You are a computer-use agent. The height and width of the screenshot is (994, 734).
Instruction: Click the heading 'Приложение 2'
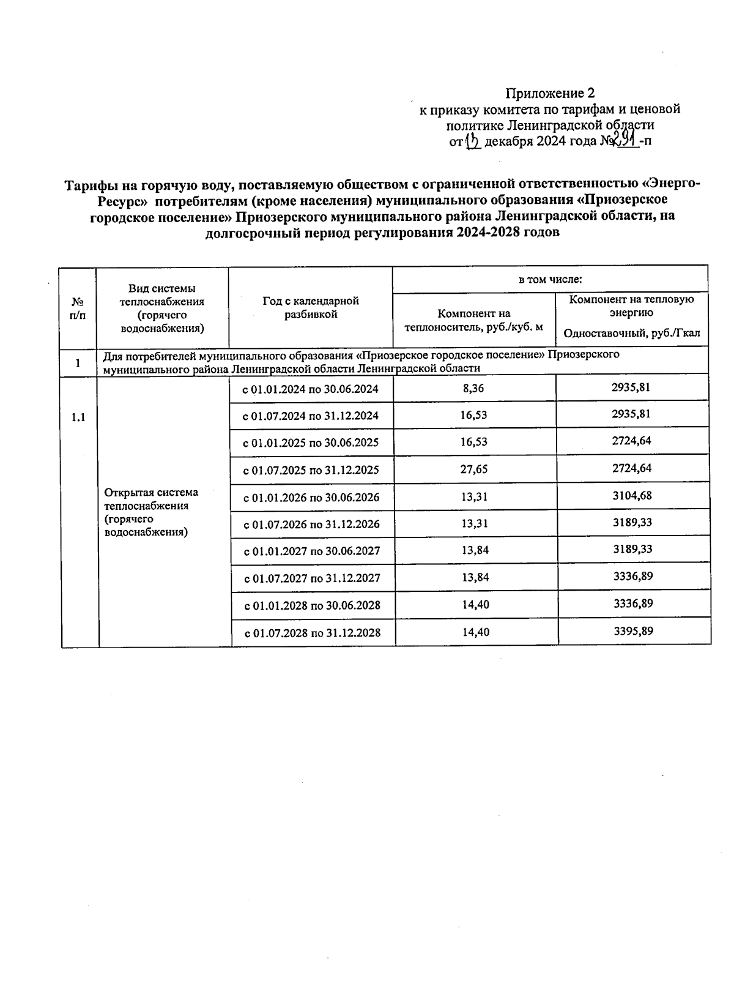(550, 94)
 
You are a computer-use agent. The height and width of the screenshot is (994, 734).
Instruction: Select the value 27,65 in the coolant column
(474, 469)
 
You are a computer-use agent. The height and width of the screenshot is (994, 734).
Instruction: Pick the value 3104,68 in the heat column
(632, 495)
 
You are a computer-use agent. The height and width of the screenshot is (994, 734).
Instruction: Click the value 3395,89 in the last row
(634, 630)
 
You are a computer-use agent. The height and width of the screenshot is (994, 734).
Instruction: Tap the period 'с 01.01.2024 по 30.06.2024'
(311, 389)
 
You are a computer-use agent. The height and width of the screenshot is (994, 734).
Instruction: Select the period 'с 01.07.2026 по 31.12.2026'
(312, 524)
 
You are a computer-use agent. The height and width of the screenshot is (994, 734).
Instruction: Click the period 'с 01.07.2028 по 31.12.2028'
(313, 632)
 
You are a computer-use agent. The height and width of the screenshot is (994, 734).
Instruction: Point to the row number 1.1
(78, 418)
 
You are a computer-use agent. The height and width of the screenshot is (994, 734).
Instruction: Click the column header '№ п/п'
(78, 308)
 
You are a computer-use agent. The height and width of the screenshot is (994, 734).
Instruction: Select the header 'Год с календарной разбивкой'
(311, 307)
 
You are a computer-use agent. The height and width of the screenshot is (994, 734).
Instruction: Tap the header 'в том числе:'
(550, 280)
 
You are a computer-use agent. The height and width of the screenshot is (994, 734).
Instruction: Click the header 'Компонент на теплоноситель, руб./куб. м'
(473, 320)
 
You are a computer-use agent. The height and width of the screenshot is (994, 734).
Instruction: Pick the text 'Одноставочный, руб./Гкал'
(632, 334)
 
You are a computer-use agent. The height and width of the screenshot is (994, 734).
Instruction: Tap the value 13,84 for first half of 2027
(475, 550)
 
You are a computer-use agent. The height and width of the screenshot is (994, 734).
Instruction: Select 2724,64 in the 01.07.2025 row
(632, 468)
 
